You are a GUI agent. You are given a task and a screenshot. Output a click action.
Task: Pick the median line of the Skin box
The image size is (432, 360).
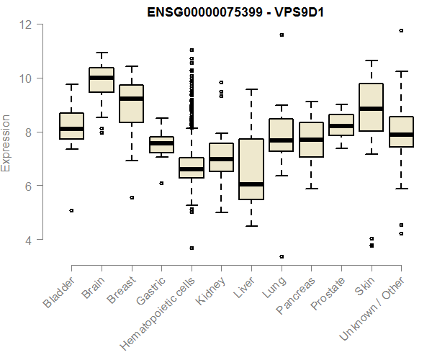[x=371, y=109]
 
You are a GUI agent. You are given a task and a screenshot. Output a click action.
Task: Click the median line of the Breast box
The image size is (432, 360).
[x=131, y=99]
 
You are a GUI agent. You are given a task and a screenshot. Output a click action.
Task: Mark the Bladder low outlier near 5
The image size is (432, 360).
[x=71, y=210]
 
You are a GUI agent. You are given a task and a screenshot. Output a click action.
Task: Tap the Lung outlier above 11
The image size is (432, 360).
[x=282, y=35]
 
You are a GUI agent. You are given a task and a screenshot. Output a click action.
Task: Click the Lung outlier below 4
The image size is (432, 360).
[x=282, y=256]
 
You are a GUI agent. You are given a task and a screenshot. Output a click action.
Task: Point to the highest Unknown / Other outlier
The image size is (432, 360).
[x=401, y=30]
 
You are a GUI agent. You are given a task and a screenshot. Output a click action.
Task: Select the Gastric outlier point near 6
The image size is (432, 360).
[x=161, y=183]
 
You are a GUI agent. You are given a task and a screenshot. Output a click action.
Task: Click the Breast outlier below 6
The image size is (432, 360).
[x=131, y=197]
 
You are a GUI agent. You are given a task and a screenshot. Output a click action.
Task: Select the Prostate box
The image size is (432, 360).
[x=341, y=125]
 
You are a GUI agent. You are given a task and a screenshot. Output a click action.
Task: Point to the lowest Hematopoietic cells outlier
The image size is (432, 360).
[x=192, y=248]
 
